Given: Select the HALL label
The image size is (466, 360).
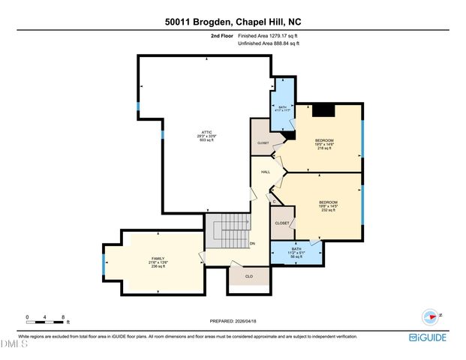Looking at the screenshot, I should [265, 172].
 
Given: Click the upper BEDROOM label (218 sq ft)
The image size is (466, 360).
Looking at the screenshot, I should [324, 141].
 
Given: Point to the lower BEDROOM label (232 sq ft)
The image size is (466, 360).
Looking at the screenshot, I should [328, 202].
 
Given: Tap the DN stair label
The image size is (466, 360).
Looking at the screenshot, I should [252, 243].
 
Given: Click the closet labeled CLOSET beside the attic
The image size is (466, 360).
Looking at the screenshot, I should [263, 142].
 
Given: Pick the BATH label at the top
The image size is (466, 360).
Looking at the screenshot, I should [282, 108].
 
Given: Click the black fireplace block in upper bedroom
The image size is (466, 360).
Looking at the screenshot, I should [323, 110].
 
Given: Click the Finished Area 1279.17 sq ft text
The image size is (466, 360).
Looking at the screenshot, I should [268, 35].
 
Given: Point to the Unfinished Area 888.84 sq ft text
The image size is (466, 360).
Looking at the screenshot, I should [268, 43].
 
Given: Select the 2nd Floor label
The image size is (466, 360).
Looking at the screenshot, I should [221, 35].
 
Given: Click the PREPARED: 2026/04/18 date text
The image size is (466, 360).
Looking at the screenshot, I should [233, 321].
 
